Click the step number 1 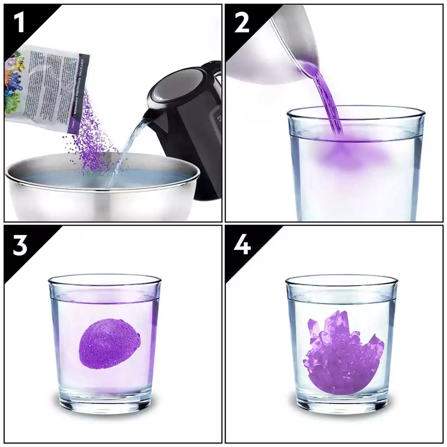[x=19, y=23]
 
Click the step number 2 [x=241, y=23]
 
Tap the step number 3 [x=20, y=245]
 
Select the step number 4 [x=241, y=245]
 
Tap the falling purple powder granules [x=92, y=143]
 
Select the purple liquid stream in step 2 [x=329, y=98]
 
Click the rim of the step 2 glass [x=355, y=110]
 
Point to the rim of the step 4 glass [x=342, y=279]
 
